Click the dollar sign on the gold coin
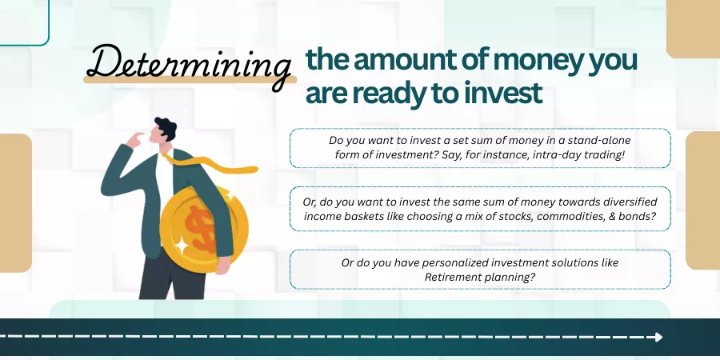coord(201,229)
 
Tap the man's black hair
coord(166,127)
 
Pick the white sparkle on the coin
coord(182,246)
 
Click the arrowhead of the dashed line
coord(658,337)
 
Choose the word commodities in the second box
coord(568,216)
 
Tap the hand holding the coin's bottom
coord(222,266)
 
